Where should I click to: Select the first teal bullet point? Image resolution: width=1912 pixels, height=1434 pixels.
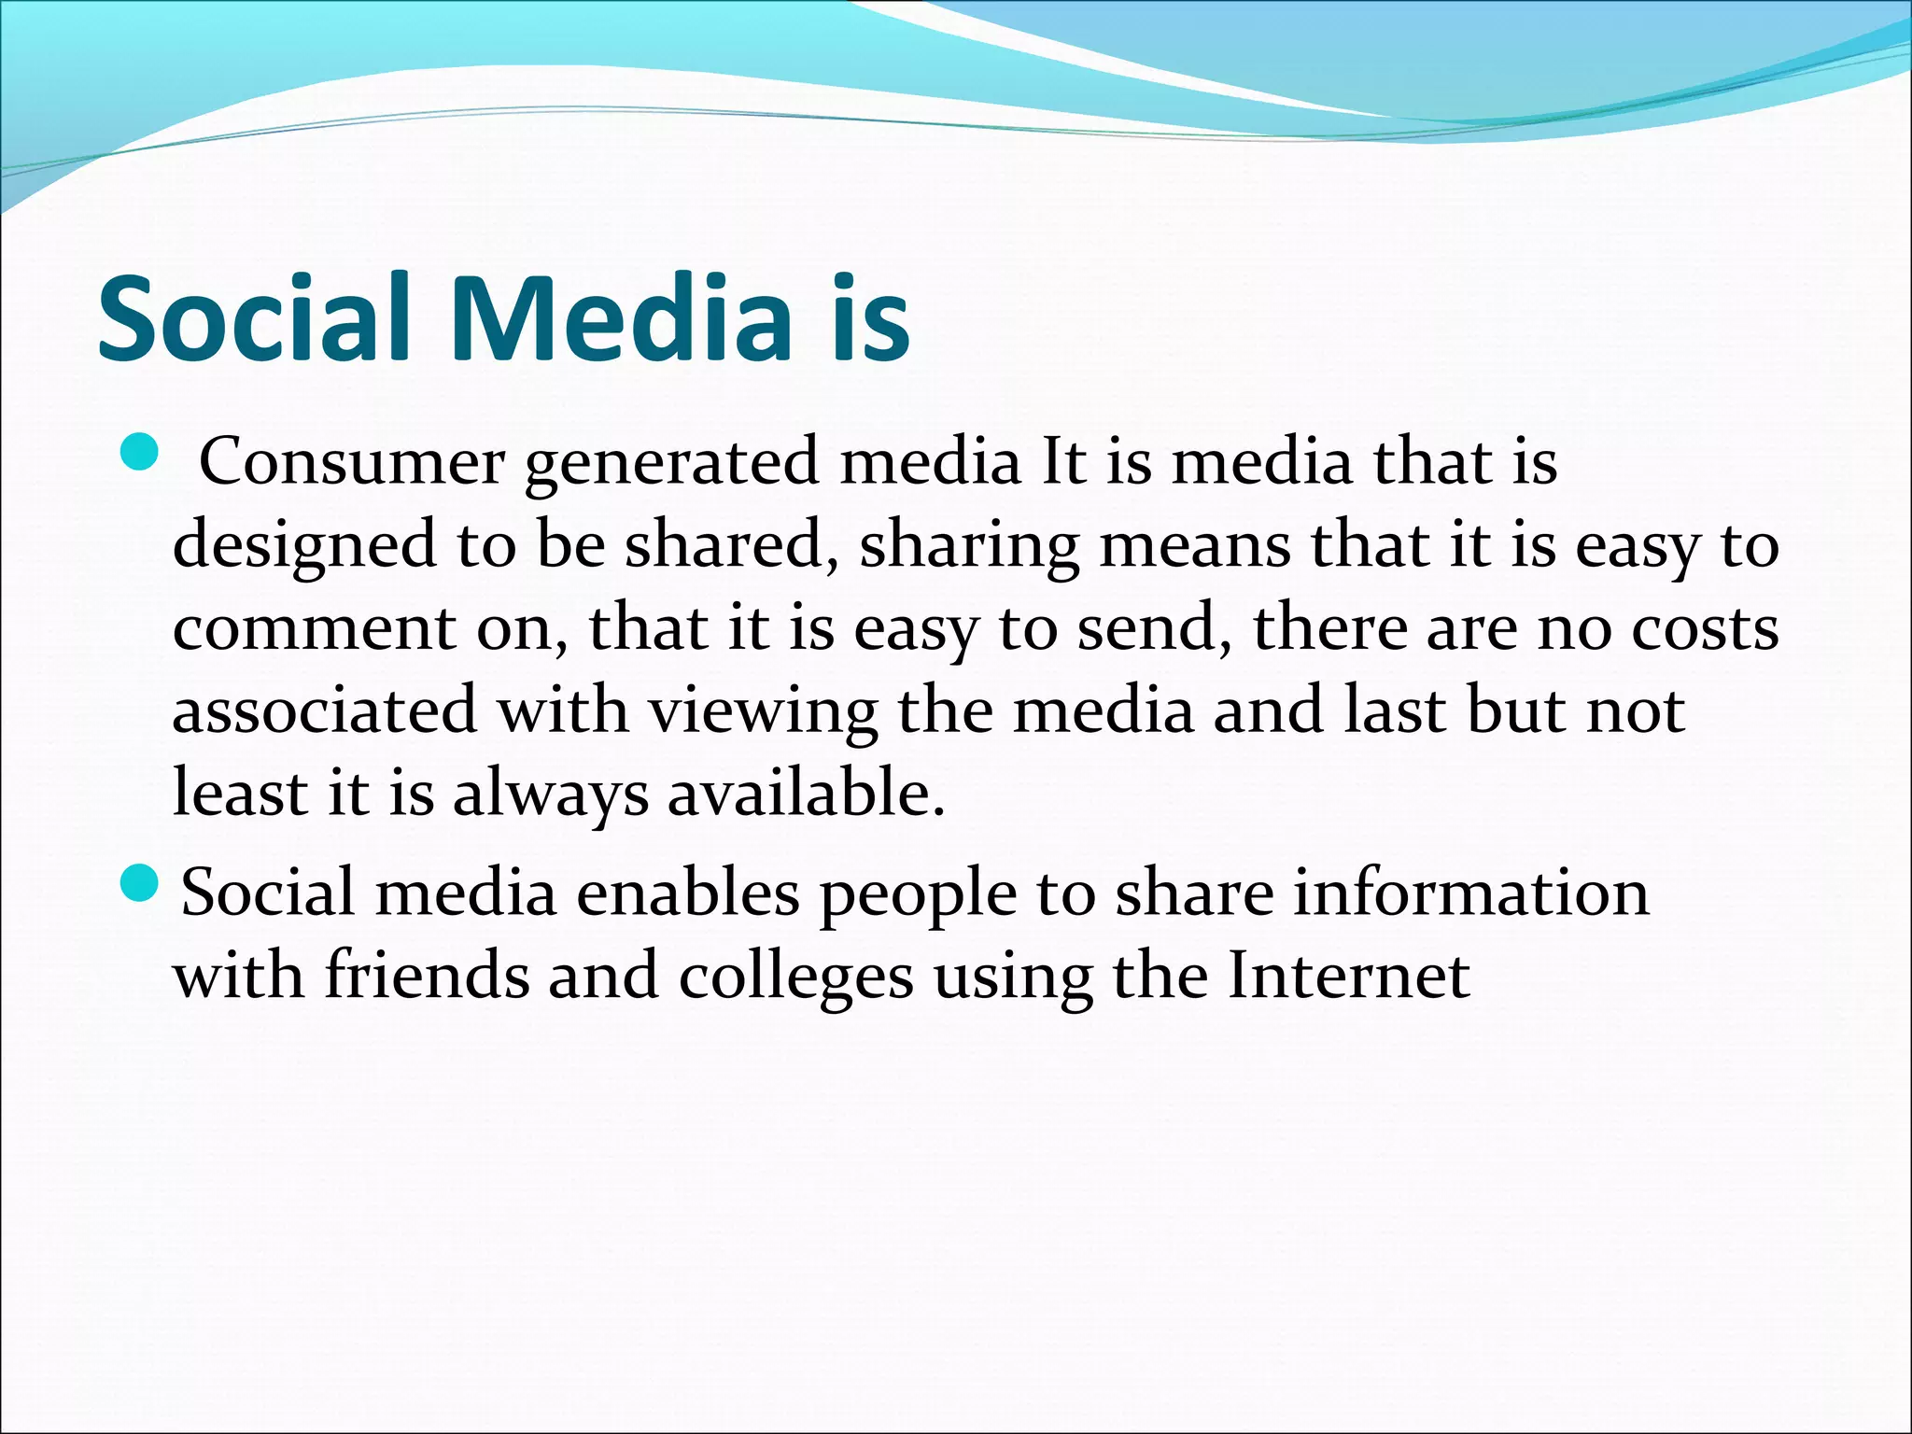141,451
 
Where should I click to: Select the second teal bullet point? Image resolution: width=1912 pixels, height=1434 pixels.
141,882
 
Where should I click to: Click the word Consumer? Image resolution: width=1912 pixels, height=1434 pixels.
352,462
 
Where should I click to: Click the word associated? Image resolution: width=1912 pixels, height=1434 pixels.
325,710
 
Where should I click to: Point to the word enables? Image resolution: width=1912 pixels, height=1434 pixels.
688,893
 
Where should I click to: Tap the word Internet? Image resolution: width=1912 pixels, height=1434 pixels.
1348,975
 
